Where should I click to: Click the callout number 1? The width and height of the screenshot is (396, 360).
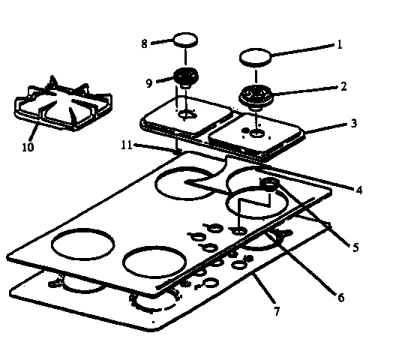[x=340, y=44]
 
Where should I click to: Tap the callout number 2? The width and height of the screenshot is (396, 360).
[x=343, y=86]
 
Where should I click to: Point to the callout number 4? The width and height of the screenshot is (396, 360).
[x=359, y=190]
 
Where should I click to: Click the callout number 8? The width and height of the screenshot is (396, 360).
[x=144, y=43]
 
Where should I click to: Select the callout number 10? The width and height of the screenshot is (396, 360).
[x=28, y=147]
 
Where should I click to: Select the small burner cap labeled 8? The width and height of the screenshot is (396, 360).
[x=186, y=40]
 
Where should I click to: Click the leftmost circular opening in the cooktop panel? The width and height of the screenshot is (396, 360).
[x=82, y=244]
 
